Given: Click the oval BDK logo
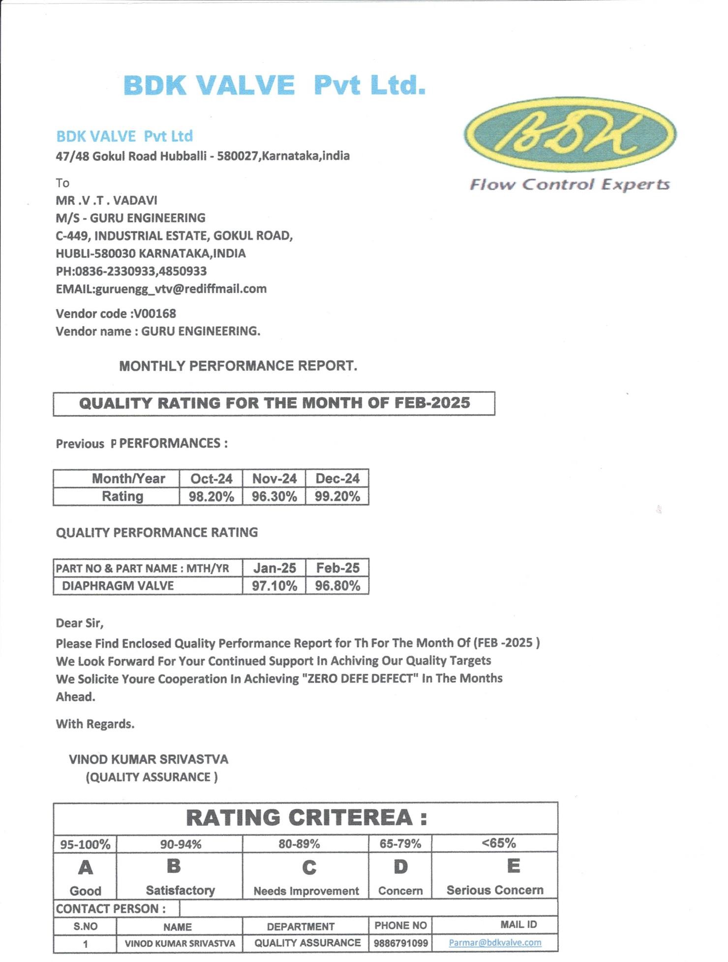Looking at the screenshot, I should pyautogui.click(x=570, y=134).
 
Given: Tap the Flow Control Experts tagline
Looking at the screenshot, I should pyautogui.click(x=570, y=185).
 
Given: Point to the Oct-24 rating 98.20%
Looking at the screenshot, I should pyautogui.click(x=211, y=497).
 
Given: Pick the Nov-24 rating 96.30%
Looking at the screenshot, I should pyautogui.click(x=274, y=497).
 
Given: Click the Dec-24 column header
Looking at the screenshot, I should pyautogui.click(x=337, y=479).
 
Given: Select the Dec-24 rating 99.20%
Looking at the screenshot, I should pyautogui.click(x=337, y=497).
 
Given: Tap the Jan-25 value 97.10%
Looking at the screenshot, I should pyautogui.click(x=274, y=586).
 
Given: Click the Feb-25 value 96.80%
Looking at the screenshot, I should pyautogui.click(x=337, y=586).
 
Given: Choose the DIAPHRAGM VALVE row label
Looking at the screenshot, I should pyautogui.click(x=118, y=586).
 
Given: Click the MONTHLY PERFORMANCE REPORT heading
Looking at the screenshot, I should pyautogui.click(x=238, y=366).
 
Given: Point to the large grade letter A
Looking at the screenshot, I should pyautogui.click(x=86, y=868).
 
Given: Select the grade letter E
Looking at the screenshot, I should pyautogui.click(x=513, y=866).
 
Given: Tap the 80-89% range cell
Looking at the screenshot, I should pyautogui.click(x=299, y=844).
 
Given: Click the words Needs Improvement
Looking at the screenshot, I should pyautogui.click(x=306, y=891).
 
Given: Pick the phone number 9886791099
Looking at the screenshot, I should pyautogui.click(x=400, y=943).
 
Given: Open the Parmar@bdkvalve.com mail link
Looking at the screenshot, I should pyautogui.click(x=495, y=943).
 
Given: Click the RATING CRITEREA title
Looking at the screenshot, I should pyautogui.click(x=306, y=818).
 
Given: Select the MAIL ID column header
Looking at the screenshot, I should pyautogui.click(x=518, y=925).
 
